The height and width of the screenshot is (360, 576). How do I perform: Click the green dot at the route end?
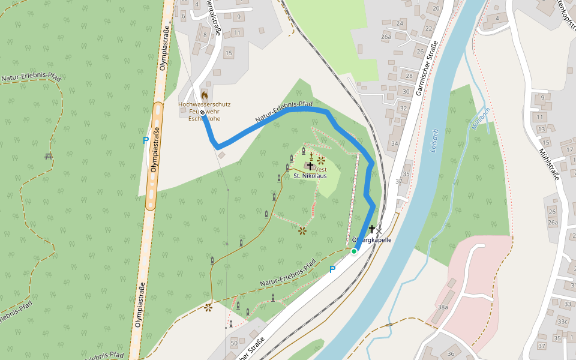coord(354,251)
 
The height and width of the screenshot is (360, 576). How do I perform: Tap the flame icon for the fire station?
coord(205,95)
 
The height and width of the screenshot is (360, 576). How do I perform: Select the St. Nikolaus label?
coord(310,176)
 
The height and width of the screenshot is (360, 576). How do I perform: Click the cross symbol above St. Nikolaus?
coord(310,165)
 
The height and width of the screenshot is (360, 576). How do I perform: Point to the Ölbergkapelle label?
coord(371,240)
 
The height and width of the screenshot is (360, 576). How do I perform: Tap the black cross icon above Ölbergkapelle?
coord(372,229)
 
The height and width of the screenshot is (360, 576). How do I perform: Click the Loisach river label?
coord(434,142)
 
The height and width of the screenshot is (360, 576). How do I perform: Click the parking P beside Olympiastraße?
coord(145,140)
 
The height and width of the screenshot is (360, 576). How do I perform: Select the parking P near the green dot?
coord(332,270)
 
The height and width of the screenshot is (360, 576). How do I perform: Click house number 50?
coord(233,342)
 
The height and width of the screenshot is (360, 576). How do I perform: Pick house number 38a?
coord(443,307)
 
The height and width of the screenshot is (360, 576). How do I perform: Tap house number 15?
coord(228,53)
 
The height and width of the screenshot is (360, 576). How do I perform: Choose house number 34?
coord(394,143)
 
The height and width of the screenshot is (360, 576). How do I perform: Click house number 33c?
coord(562,322)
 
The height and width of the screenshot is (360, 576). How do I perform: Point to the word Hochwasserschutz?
coord(205,104)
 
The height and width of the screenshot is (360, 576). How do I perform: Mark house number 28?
coord(409,76)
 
